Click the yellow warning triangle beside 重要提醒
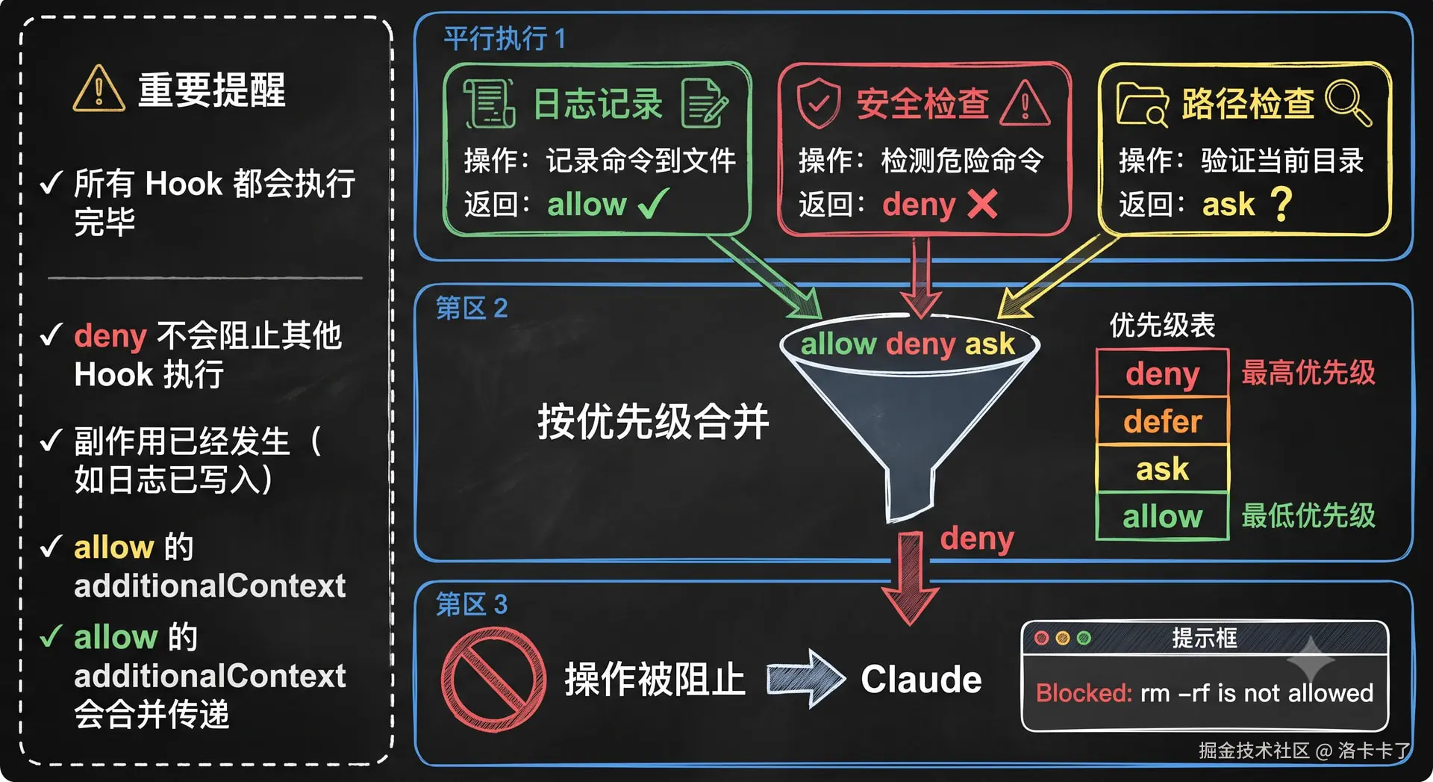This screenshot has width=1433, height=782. (99, 89)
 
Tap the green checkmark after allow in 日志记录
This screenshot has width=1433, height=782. (653, 203)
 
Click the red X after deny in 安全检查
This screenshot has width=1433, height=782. (982, 203)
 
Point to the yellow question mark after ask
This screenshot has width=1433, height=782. (1281, 203)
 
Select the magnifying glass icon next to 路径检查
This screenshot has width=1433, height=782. (1348, 103)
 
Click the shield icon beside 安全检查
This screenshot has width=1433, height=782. (819, 102)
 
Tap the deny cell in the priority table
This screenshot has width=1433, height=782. (1162, 373)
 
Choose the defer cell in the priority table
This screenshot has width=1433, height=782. (1162, 421)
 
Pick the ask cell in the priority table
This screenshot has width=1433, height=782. (1162, 469)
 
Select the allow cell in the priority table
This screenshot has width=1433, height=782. (1162, 516)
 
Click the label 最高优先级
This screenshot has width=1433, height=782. (1308, 372)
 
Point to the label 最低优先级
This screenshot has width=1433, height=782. (1308, 515)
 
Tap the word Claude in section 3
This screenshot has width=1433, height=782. (921, 680)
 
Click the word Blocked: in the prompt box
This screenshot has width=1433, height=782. (1084, 693)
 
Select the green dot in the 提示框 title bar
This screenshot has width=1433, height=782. (1084, 638)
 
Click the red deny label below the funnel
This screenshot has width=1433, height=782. (977, 539)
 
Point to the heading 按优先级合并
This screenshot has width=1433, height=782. (653, 421)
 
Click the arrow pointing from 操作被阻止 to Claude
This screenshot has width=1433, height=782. (806, 678)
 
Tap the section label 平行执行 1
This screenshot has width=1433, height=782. (505, 38)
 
